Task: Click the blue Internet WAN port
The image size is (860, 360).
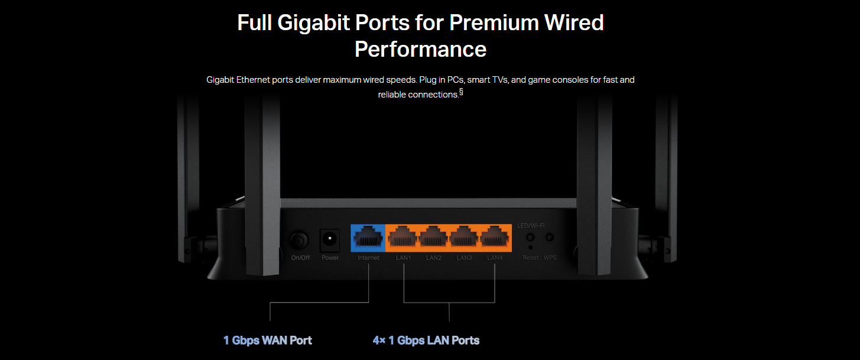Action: pos(368,238)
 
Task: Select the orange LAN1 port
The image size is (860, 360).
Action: pos(403,238)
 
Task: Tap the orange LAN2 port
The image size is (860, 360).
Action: pos(434,238)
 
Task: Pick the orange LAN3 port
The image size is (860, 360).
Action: pos(464,238)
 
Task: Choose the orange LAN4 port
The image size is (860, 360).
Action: pos(495,238)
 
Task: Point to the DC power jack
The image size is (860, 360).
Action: pos(329,239)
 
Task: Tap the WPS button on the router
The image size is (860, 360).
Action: pos(550,238)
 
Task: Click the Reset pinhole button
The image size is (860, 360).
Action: pos(530,248)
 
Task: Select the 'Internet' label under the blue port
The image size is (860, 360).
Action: pos(368,258)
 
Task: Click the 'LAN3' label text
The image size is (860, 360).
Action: pos(464,258)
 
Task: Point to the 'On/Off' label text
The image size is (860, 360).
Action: pos(300,258)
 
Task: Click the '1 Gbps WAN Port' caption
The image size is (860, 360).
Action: pos(267,340)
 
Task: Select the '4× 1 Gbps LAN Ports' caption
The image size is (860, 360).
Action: pos(426,340)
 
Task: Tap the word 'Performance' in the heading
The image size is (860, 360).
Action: pos(420,49)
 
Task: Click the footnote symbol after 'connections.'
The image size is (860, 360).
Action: pos(461,92)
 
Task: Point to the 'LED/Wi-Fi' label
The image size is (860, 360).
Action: pos(531,226)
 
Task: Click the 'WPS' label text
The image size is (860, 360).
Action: pos(550,258)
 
